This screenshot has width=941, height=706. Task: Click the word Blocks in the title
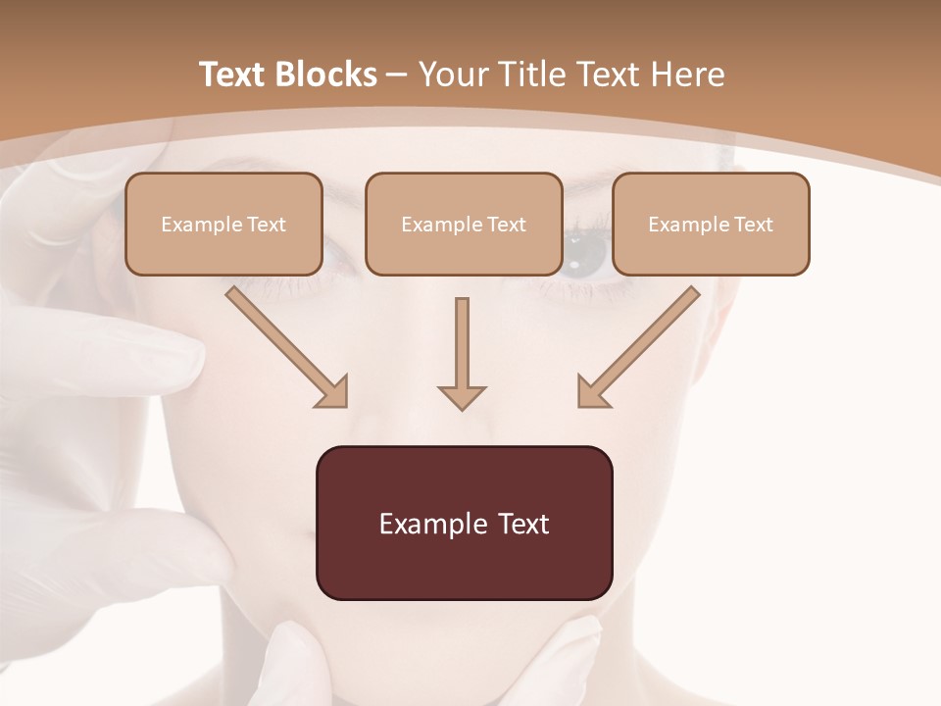326,75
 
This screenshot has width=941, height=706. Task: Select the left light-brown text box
223,224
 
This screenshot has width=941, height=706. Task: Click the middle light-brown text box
464,224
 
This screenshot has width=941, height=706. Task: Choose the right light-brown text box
711,224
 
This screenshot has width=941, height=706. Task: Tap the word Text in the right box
754,225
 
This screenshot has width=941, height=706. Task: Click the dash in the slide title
397,75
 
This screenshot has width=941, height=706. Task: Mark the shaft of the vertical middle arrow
462,338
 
